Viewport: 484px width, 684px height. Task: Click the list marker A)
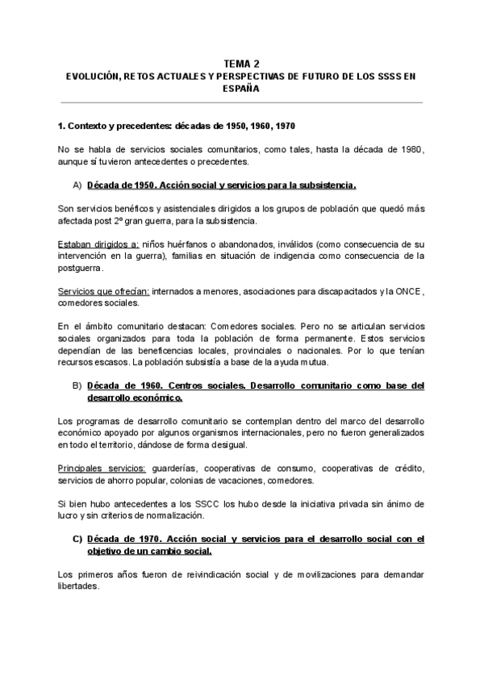(x=77, y=185)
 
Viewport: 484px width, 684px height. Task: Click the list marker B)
(x=77, y=386)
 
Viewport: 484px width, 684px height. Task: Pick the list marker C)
(x=77, y=538)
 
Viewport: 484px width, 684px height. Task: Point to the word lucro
(x=70, y=515)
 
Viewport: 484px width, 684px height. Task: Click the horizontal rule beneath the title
(x=241, y=102)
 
